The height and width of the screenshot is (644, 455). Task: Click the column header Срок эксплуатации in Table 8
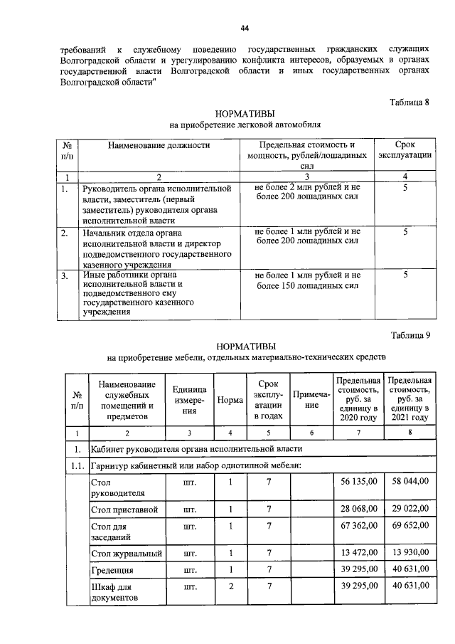[x=404, y=150]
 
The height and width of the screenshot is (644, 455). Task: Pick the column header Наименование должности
[x=159, y=145]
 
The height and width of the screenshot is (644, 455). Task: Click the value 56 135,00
[x=358, y=482]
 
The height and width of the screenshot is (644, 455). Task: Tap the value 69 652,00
[x=406, y=525]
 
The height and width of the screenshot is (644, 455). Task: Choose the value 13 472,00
[x=358, y=554]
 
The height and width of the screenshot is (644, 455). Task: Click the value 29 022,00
[x=406, y=509]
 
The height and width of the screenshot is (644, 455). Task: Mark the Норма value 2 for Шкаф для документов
[x=230, y=586]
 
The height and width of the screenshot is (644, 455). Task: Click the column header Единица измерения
[x=189, y=400]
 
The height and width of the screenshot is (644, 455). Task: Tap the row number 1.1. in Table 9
[x=75, y=465]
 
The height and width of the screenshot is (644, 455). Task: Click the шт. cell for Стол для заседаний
[x=189, y=527]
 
